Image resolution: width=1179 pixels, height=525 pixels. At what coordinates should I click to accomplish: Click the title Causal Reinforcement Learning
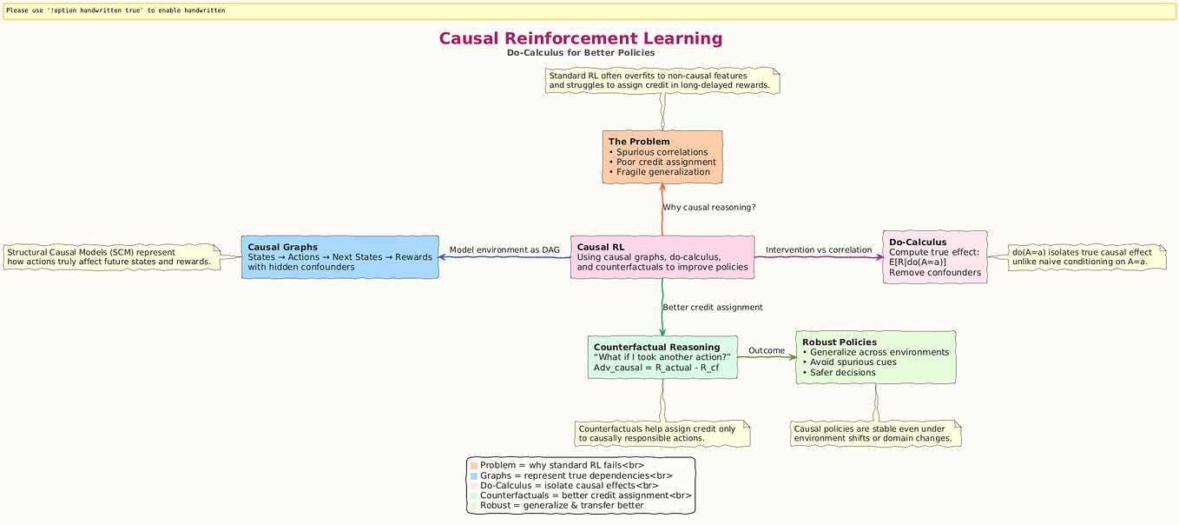[580, 39]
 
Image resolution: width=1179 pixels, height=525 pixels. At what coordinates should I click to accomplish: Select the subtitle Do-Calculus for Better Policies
[580, 53]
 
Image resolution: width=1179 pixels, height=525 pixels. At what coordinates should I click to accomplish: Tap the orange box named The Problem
[662, 157]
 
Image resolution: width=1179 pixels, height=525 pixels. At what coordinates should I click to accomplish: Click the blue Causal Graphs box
[339, 256]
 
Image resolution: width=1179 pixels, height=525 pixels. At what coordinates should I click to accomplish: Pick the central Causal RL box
[662, 256]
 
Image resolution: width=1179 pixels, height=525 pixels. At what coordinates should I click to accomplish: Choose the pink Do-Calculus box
[934, 256]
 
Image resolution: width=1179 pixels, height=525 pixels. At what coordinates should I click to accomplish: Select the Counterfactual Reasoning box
[662, 357]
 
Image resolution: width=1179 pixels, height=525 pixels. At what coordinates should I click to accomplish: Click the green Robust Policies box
[875, 356]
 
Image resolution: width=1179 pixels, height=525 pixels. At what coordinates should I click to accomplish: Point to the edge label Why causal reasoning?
[708, 208]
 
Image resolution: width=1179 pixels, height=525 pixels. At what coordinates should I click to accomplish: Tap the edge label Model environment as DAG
[504, 250]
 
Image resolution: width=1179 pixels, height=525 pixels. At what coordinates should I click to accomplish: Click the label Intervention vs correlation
[818, 250]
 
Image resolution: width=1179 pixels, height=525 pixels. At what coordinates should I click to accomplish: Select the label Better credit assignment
[712, 308]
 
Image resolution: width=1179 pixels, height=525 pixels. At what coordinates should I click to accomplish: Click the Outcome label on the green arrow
[766, 350]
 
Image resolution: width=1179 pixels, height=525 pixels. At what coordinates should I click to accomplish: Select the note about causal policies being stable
[875, 434]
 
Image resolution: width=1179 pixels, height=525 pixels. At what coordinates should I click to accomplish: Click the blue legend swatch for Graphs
[473, 476]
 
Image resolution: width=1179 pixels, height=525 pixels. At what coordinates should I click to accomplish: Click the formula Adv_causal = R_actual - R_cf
[655, 368]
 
